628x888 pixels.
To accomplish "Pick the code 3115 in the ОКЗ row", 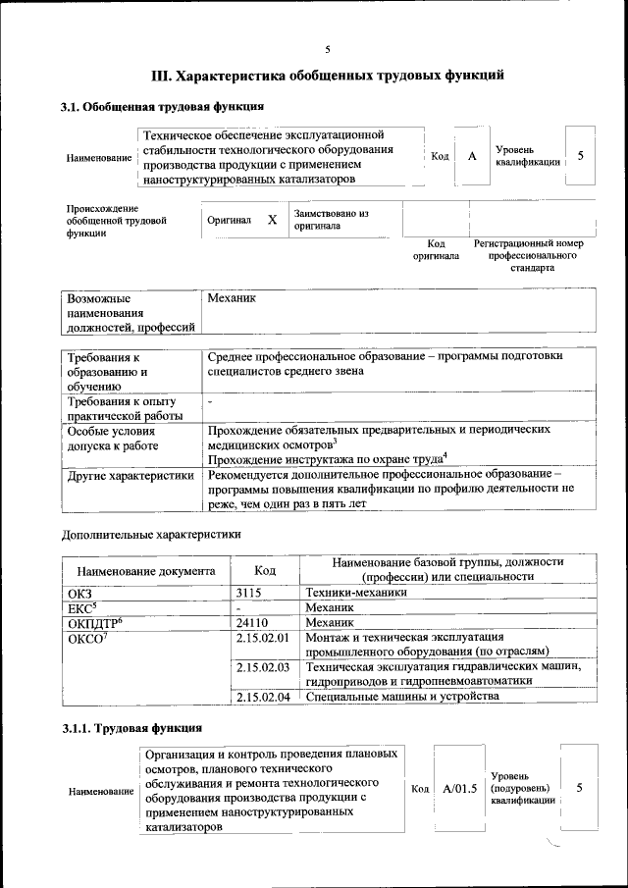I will (250, 593).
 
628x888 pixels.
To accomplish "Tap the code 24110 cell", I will (252, 622).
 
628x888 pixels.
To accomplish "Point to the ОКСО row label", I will (86, 638).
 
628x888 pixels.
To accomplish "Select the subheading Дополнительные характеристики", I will (151, 535).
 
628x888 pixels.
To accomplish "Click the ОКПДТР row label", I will (93, 622).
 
